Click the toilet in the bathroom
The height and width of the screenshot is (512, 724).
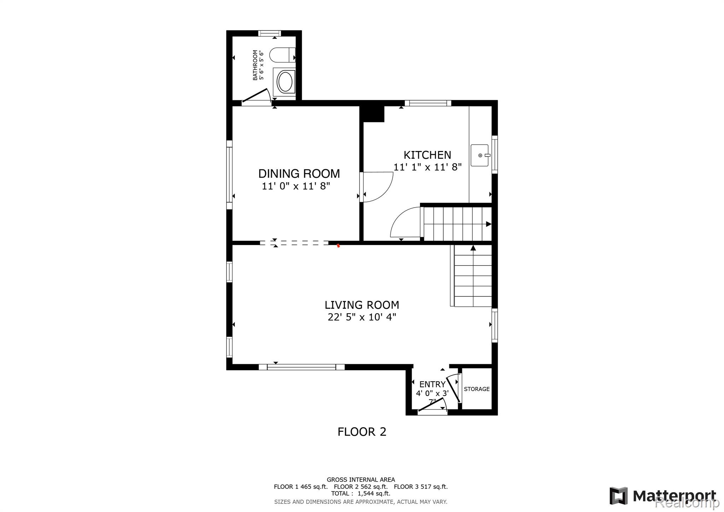[x=282, y=55]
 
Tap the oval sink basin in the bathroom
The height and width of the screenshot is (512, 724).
[x=285, y=82]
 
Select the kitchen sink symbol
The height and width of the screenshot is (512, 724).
[x=480, y=155]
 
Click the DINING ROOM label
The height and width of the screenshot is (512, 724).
[x=299, y=174]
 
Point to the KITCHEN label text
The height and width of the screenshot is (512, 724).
[x=427, y=155]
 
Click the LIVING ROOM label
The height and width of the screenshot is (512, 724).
[x=362, y=305]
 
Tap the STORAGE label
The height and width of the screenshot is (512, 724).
[x=477, y=389]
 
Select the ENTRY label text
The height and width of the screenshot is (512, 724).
[x=432, y=384]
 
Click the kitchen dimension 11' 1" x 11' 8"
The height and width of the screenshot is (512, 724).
[x=427, y=167]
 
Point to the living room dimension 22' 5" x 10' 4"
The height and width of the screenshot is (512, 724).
[x=362, y=317]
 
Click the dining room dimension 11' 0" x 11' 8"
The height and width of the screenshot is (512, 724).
[x=296, y=186]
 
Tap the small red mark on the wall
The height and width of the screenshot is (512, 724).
[x=338, y=245]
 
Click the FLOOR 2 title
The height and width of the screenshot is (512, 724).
[x=362, y=432]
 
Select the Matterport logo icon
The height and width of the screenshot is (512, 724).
[x=618, y=496]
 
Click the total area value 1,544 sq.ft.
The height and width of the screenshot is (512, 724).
[x=374, y=494]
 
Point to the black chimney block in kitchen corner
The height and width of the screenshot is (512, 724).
[x=372, y=114]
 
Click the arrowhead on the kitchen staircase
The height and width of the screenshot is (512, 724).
[x=489, y=224]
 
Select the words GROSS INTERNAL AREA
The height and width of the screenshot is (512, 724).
[x=361, y=480]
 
